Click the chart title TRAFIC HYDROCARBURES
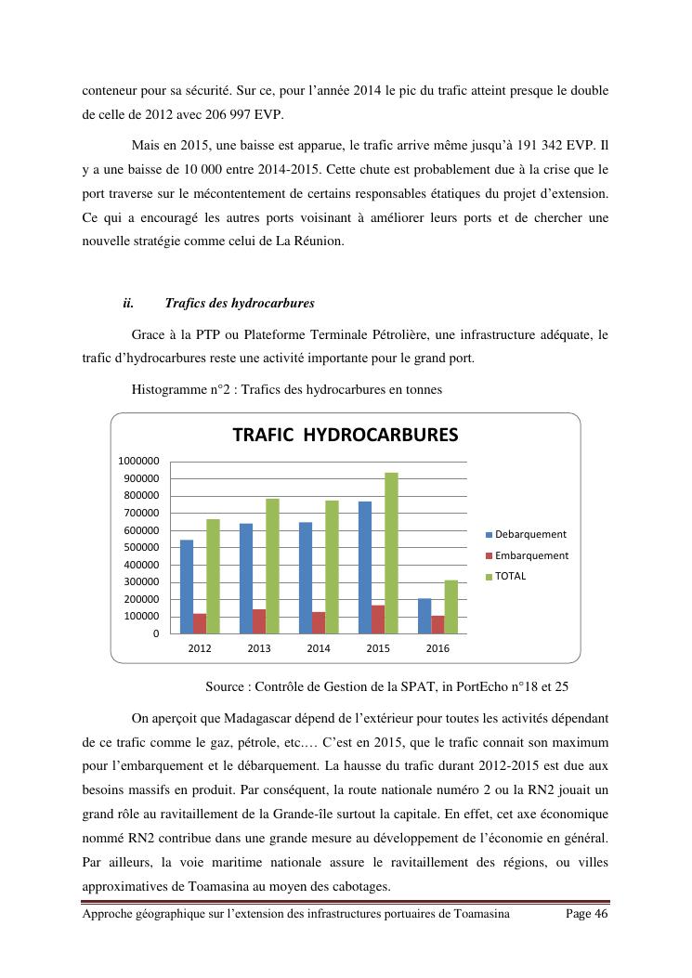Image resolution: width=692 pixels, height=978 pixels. [x=345, y=435]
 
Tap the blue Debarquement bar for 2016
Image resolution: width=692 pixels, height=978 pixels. [x=424, y=616]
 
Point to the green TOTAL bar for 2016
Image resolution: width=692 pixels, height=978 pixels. [x=451, y=606]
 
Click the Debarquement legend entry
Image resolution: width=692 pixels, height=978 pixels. [x=530, y=534]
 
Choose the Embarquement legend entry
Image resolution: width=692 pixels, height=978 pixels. [x=531, y=555]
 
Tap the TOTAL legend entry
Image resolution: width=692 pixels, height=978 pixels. [x=510, y=576]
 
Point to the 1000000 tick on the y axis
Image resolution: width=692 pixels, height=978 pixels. [x=138, y=461]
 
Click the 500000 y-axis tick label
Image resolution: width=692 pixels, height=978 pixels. [x=141, y=547]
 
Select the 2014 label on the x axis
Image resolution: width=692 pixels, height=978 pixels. [x=319, y=648]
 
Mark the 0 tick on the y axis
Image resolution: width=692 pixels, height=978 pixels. [x=155, y=633]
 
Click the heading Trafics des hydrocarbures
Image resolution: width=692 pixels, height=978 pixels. [x=239, y=303]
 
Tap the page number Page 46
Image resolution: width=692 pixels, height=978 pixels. [x=587, y=915]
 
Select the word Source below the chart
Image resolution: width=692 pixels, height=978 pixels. [x=228, y=688]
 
